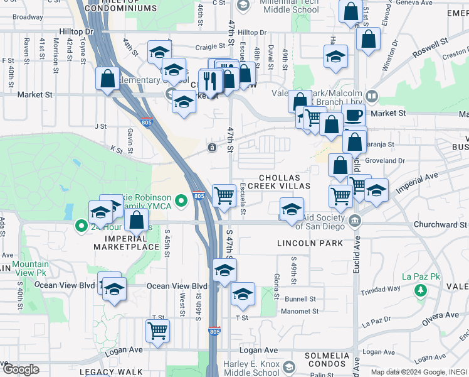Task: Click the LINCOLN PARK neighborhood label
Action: (310, 243)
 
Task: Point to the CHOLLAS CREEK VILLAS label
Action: (279, 182)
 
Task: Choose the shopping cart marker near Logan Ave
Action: (157, 330)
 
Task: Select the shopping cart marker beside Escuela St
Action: (224, 195)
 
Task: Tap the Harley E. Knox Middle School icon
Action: (289, 366)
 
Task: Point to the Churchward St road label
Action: (438, 225)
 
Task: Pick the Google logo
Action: (21, 369)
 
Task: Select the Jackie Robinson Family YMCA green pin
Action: (181, 201)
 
